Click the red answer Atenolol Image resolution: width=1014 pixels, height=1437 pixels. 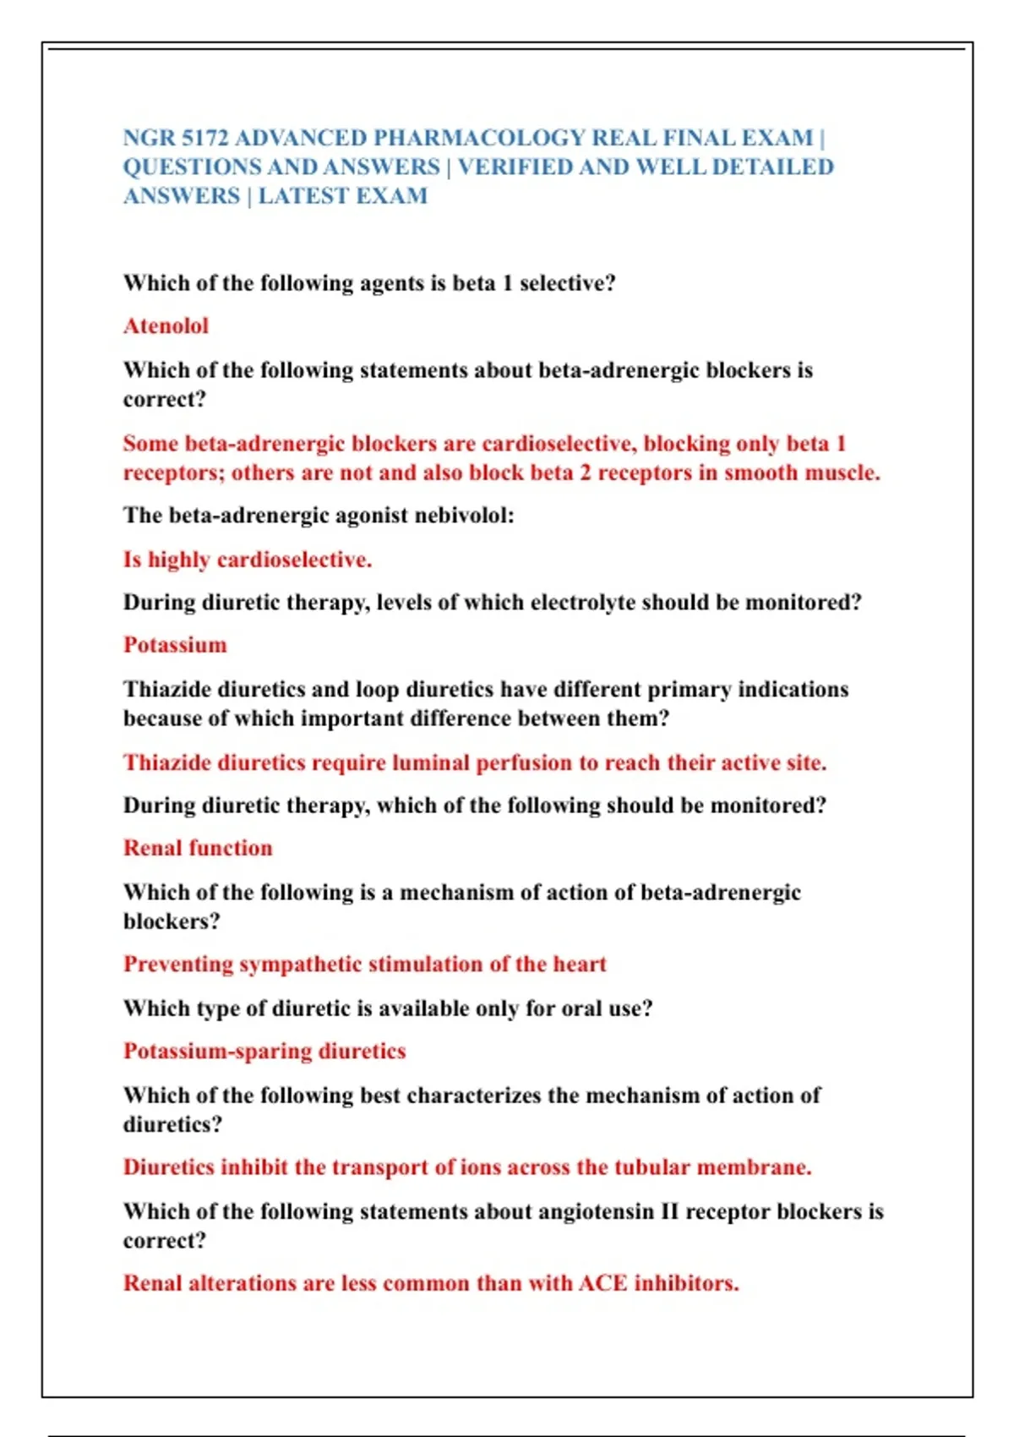click(x=166, y=326)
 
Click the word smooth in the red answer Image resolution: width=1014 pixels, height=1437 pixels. click(x=761, y=473)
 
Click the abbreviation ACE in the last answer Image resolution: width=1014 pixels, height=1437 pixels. click(x=602, y=1283)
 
